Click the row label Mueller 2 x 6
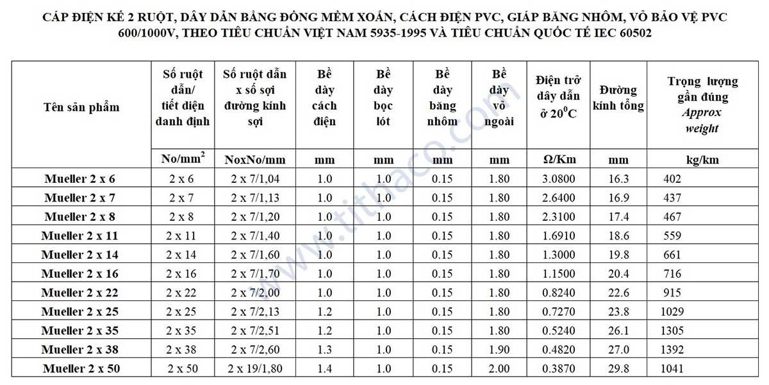tap(80, 179)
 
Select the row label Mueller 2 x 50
tap(81, 369)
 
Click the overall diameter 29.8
tap(618, 369)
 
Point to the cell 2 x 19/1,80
tap(255, 369)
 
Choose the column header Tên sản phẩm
tap(81, 107)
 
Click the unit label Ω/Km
tap(559, 160)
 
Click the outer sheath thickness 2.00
tap(500, 369)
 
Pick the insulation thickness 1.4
tap(324, 369)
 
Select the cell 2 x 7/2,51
tap(255, 330)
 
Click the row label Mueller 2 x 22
tap(80, 293)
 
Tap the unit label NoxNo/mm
tap(255, 160)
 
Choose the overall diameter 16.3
tap(618, 179)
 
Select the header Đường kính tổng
tap(618, 98)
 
